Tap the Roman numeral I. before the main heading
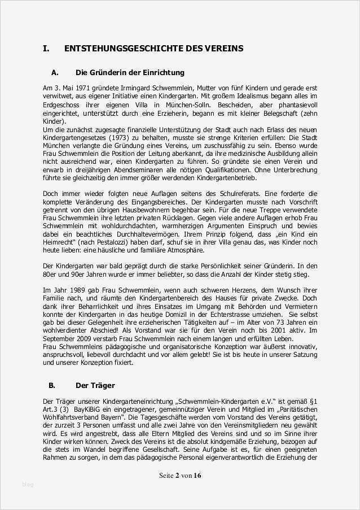coord(46,49)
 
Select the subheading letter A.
coord(55,73)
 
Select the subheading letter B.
coord(51,386)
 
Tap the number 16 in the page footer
coord(197,476)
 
